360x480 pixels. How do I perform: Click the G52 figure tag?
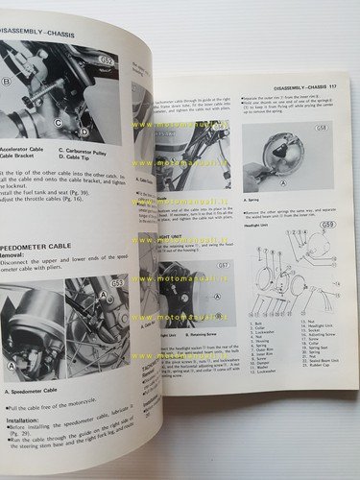point(106,60)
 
